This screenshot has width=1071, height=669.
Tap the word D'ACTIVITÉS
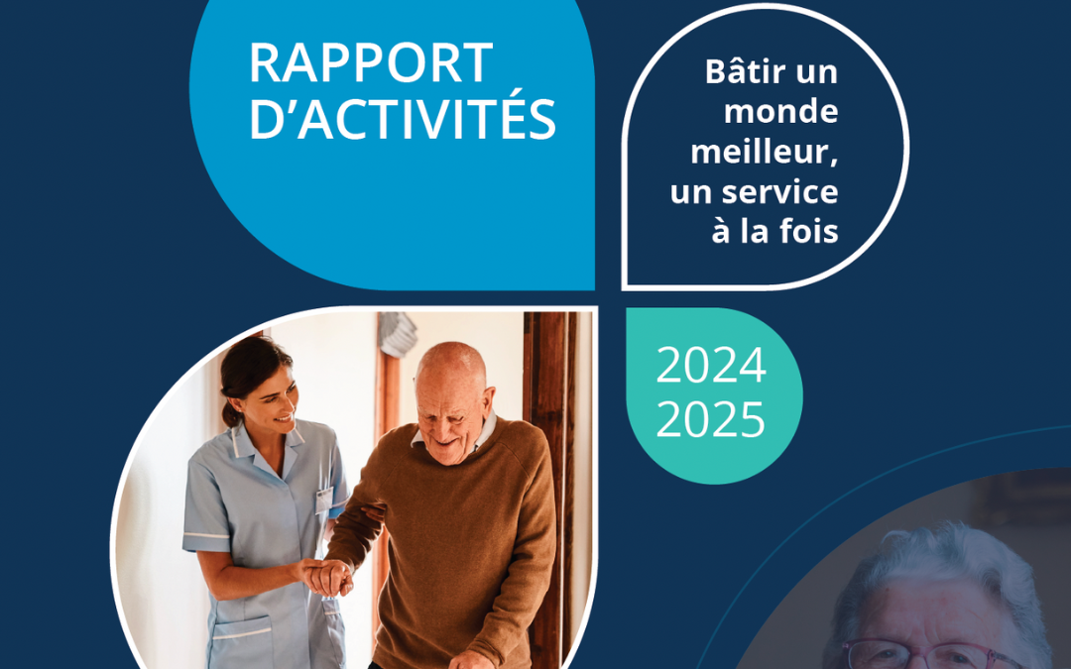402,120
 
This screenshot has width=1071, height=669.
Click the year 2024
711,368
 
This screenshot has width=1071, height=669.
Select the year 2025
711,420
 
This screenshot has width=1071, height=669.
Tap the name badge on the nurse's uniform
324,499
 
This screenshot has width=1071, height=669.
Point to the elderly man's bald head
451,367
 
